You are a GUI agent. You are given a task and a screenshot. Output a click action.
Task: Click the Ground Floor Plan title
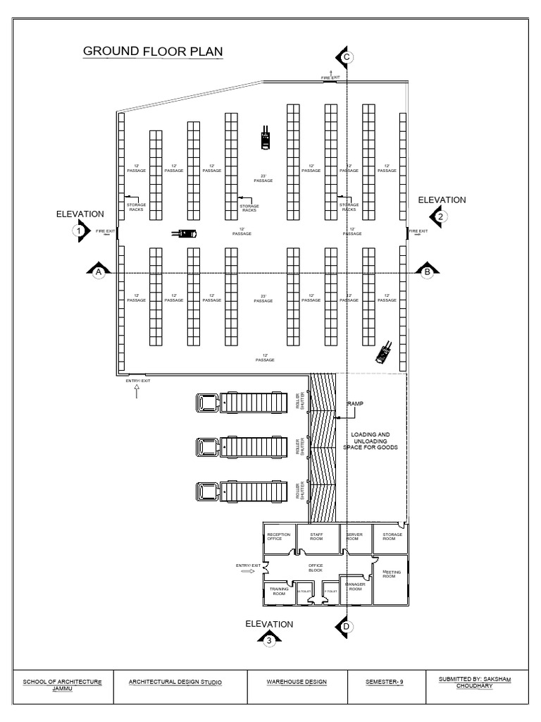click(153, 51)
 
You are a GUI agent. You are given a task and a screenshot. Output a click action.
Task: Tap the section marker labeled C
click(345, 57)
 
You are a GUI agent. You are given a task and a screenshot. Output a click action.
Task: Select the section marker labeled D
click(345, 626)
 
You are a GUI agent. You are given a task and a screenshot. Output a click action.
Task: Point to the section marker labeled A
click(99, 271)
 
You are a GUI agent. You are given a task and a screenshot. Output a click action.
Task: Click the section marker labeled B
click(427, 271)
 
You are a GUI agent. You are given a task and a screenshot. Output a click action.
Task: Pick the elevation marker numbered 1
click(80, 231)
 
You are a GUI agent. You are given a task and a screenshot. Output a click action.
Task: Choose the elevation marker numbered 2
click(440, 217)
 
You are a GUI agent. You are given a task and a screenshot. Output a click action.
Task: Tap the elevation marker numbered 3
click(268, 640)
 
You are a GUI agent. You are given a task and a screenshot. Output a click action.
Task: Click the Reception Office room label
click(279, 537)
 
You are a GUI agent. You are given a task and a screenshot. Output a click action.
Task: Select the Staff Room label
click(316, 537)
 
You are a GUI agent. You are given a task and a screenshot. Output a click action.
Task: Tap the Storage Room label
click(393, 537)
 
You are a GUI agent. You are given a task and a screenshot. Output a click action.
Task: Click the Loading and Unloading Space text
click(371, 441)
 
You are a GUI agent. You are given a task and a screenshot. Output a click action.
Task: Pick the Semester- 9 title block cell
click(385, 683)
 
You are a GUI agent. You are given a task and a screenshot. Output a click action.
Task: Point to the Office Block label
click(315, 568)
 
